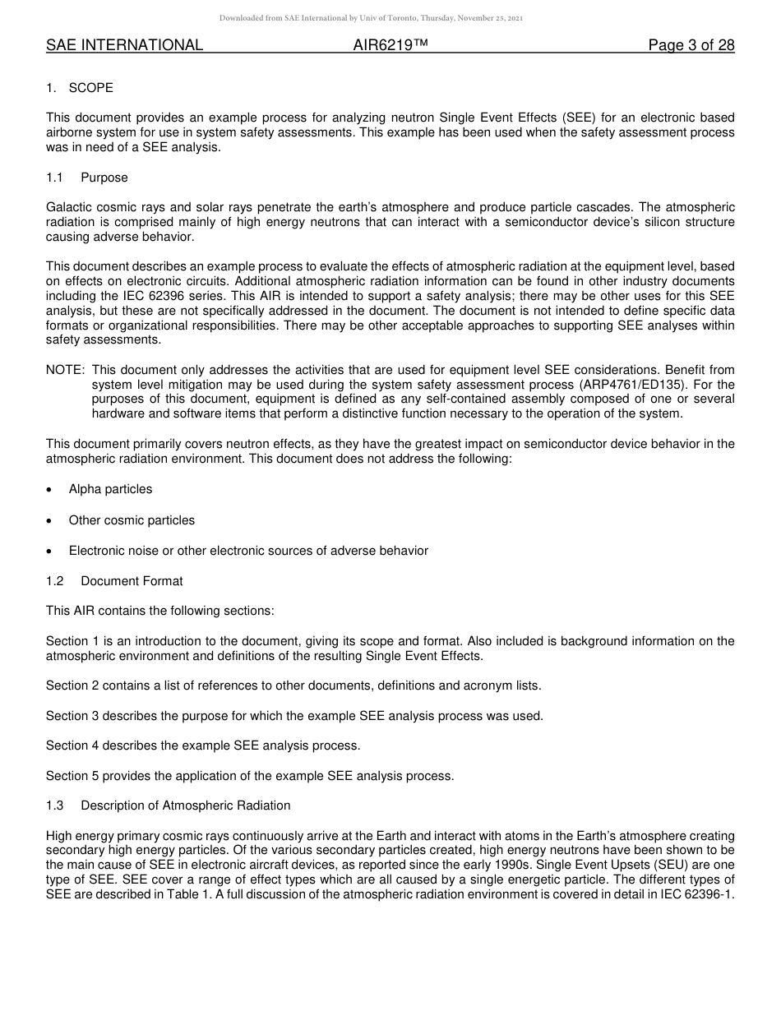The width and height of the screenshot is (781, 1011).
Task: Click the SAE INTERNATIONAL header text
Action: (124, 45)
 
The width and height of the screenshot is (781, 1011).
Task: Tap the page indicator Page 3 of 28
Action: (691, 45)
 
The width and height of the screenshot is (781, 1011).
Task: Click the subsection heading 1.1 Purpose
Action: (87, 178)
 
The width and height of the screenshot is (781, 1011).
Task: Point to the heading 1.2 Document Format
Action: (114, 581)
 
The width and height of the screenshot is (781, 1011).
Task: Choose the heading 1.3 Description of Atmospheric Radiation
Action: (168, 806)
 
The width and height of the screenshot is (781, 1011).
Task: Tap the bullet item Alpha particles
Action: (110, 489)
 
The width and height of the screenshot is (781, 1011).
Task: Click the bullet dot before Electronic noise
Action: (51, 552)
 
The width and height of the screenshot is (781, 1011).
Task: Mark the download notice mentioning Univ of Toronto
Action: (371, 17)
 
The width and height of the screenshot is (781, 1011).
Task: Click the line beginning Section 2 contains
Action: (293, 686)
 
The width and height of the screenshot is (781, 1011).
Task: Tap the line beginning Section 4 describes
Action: (203, 746)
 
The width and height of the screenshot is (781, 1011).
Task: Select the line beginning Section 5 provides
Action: (250, 776)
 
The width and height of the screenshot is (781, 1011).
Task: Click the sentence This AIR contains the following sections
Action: (159, 611)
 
